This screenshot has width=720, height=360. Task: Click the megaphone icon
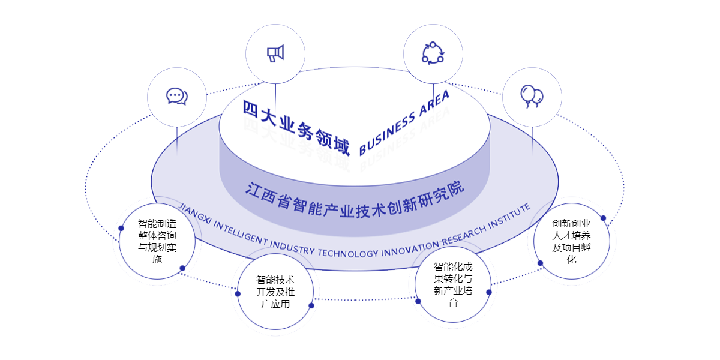point(275,53)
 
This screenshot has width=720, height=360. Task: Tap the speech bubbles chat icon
point(176,96)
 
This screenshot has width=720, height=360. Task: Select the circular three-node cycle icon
point(433,53)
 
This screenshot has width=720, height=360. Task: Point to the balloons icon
point(532,97)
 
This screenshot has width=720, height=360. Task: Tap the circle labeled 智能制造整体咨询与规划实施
point(157,241)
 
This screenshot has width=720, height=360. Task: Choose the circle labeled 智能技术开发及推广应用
point(275,292)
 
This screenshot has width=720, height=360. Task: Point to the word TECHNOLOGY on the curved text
point(347,253)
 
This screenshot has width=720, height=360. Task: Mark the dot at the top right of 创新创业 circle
point(603,218)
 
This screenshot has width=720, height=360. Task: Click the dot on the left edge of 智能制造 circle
point(121,228)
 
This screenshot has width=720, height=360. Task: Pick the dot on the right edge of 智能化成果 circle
point(489,292)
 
